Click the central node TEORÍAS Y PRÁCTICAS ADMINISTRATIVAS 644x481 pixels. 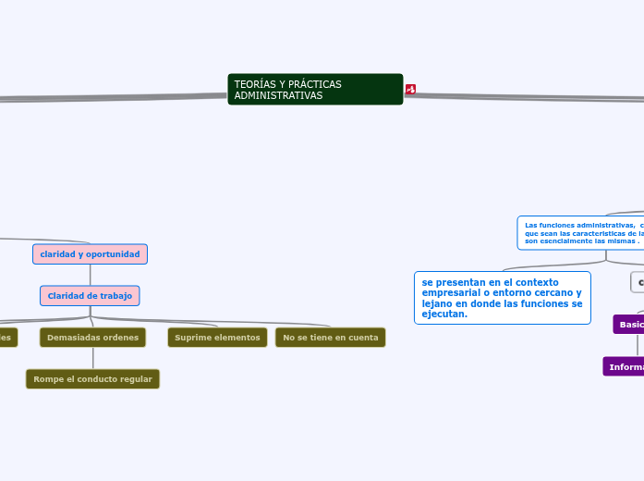pyautogui.click(x=315, y=90)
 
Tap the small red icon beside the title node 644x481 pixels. pyautogui.click(x=410, y=90)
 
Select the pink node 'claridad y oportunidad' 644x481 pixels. pyautogui.click(x=90, y=254)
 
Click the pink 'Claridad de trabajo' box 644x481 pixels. pyautogui.click(x=90, y=296)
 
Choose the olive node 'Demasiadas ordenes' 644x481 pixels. pyautogui.click(x=92, y=338)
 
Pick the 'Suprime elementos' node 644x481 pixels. pyautogui.click(x=217, y=338)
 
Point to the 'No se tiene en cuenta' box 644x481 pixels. pyautogui.click(x=330, y=338)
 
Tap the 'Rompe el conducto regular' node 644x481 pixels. pyautogui.click(x=92, y=379)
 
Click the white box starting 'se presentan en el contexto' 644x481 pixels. pyautogui.click(x=502, y=298)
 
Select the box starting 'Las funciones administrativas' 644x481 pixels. pyautogui.click(x=580, y=233)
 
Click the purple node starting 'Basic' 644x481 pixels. pyautogui.click(x=629, y=325)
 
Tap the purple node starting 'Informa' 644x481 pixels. pyautogui.click(x=625, y=367)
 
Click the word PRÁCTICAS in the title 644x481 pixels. pyautogui.click(x=313, y=84)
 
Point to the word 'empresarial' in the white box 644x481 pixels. pyautogui.click(x=445, y=292)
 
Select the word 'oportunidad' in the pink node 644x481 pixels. pyautogui.click(x=113, y=254)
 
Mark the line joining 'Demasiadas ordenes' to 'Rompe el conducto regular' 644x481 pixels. pyautogui.click(x=92, y=359)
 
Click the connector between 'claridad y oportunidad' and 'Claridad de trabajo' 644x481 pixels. pyautogui.click(x=90, y=276)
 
